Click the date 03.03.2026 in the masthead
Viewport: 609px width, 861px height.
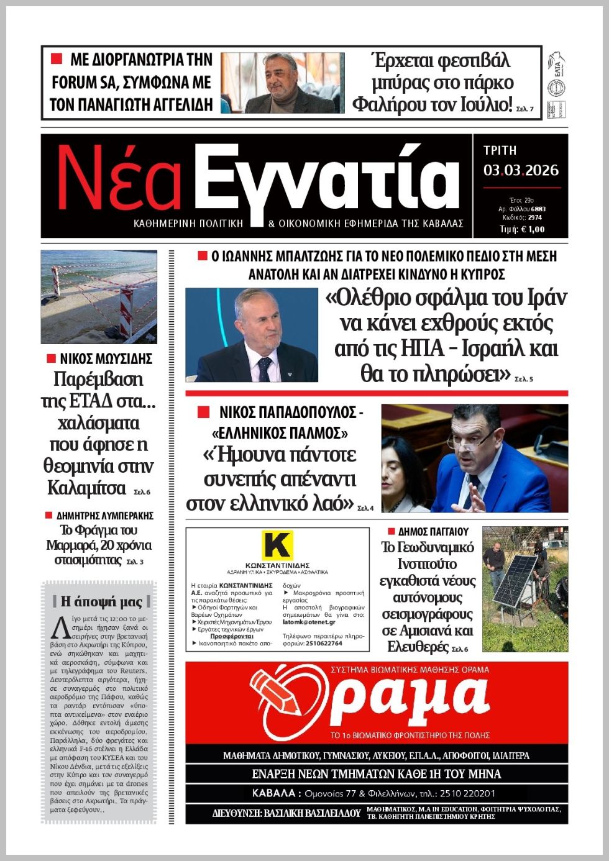pos(521,170)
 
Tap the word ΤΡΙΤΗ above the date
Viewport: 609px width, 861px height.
pos(500,150)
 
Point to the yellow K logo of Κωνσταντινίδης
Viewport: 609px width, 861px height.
pos(277,545)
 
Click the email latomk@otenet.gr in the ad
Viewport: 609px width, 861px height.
pos(309,622)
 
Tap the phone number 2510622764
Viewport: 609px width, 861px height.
pos(324,644)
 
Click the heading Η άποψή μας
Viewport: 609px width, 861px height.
pos(102,601)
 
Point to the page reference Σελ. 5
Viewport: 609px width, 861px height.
pos(524,379)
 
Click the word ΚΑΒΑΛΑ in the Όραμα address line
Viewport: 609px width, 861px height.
pos(274,793)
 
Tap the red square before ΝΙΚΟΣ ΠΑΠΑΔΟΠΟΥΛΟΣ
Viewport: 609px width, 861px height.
pos(203,412)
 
